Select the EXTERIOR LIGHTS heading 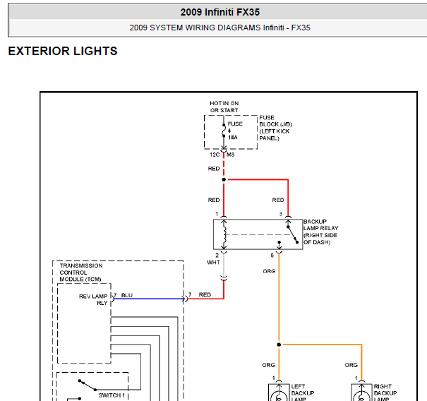(x=63, y=52)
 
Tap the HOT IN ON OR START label (x=224, y=107)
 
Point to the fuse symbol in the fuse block (x=224, y=132)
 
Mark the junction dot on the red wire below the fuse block (x=224, y=179)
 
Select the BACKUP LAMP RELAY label (x=320, y=232)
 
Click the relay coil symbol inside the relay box (x=224, y=234)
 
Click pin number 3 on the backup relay (x=280, y=213)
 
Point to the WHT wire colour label (x=213, y=263)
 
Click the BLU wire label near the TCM (x=126, y=294)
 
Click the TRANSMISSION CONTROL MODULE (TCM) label (x=81, y=273)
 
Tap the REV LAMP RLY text (x=92, y=299)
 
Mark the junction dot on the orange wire (x=279, y=345)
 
